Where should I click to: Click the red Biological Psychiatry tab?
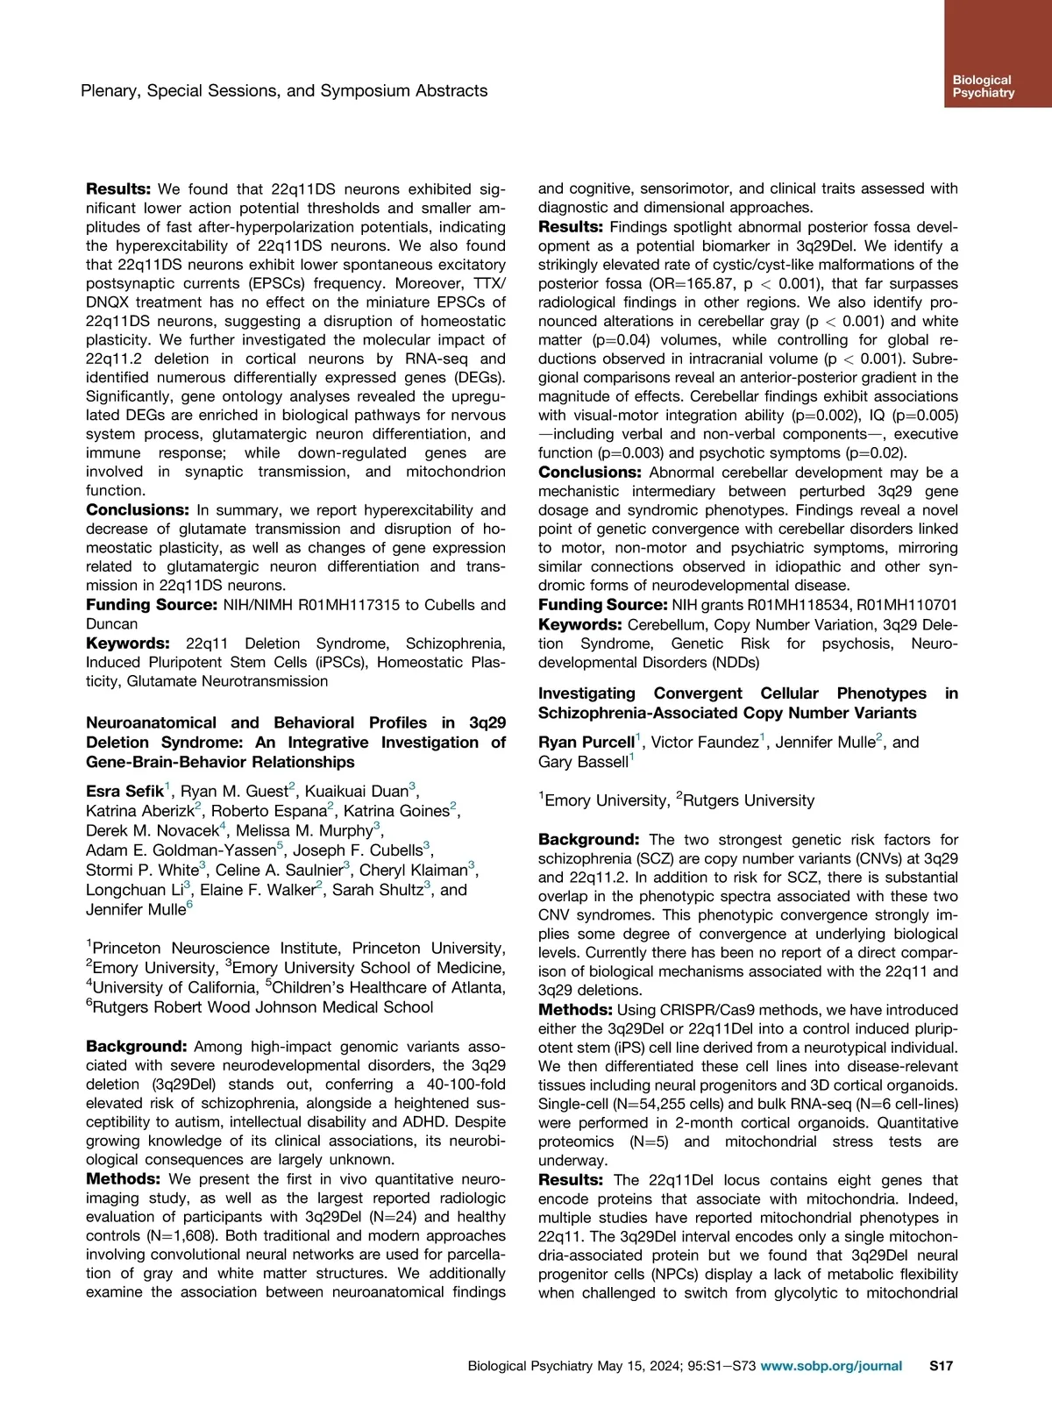pyautogui.click(x=998, y=53)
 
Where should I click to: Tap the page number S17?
pyautogui.click(x=941, y=1365)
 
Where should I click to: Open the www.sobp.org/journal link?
pyautogui.click(x=831, y=1365)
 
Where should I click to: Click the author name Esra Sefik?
pyautogui.click(x=124, y=791)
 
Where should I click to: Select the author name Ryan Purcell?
pyautogui.click(x=586, y=743)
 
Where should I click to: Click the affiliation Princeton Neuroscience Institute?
pyautogui.click(x=218, y=948)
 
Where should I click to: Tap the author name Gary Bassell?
pyautogui.click(x=583, y=762)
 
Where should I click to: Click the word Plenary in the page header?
pyautogui.click(x=110, y=90)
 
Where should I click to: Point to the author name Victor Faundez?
pyautogui.click(x=705, y=743)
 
